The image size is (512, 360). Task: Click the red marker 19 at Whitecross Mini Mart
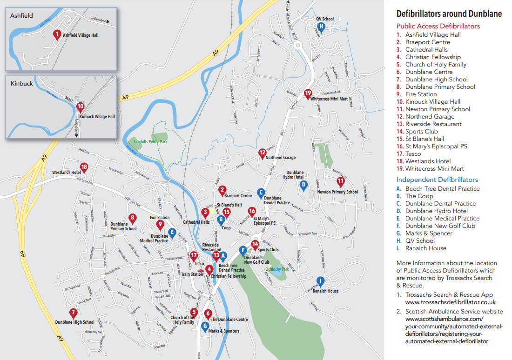click(308, 93)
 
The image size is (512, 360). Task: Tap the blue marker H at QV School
click(321, 27)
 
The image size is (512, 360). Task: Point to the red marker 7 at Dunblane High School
click(73, 313)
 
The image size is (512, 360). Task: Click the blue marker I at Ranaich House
click(320, 280)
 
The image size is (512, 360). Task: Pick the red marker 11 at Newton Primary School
click(340, 181)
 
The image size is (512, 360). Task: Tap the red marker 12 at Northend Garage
click(262, 153)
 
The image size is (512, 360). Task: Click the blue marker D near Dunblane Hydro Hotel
click(303, 185)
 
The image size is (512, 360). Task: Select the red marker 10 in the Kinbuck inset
click(80, 107)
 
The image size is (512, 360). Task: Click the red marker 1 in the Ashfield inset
click(57, 34)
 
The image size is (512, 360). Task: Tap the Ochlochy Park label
click(277, 269)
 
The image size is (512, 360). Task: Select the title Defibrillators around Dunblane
click(449, 14)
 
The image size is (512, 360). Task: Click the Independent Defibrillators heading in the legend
click(437, 180)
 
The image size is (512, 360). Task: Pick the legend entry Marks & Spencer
click(428, 233)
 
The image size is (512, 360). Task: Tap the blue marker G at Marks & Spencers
click(205, 326)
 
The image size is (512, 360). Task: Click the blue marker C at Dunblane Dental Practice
click(261, 192)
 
